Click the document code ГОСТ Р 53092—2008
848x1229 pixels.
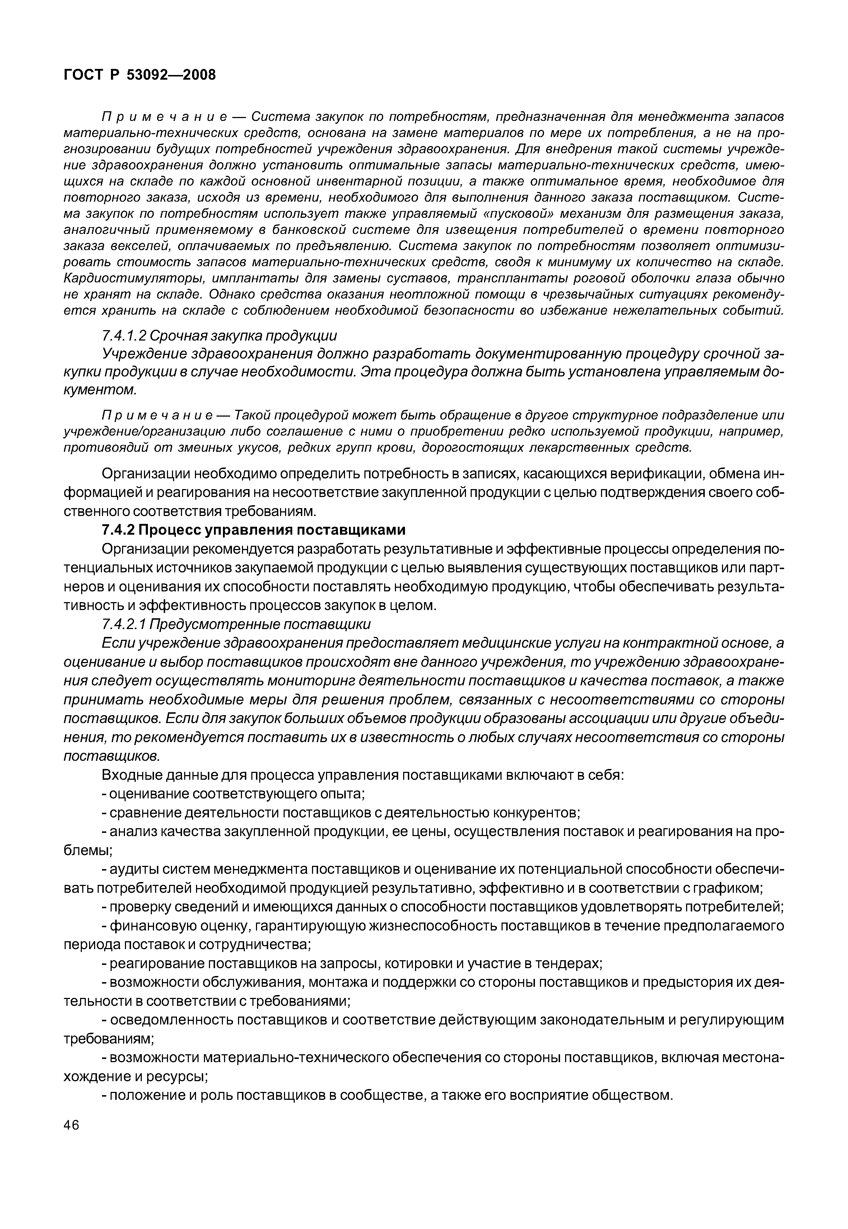point(140,75)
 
